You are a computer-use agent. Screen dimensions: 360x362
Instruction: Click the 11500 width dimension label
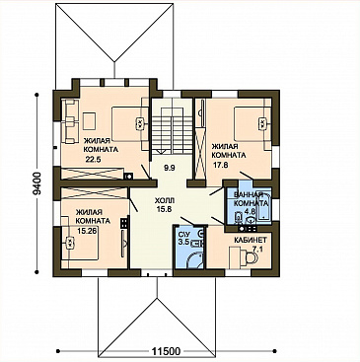click(x=167, y=351)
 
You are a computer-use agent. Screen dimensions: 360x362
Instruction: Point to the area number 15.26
click(x=87, y=231)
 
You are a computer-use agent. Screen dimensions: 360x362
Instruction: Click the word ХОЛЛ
click(x=164, y=200)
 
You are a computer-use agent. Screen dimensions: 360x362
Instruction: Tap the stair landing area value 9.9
click(x=170, y=169)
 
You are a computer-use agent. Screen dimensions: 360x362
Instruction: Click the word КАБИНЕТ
click(x=251, y=240)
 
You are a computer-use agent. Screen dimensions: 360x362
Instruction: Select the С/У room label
click(x=182, y=236)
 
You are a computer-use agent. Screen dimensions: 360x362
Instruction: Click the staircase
click(x=171, y=125)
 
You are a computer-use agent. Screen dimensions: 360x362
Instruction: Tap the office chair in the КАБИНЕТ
click(x=252, y=257)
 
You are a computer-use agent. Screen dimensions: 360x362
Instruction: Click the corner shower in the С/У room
click(x=195, y=259)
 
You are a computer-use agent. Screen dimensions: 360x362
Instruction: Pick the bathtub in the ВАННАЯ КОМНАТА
click(x=264, y=207)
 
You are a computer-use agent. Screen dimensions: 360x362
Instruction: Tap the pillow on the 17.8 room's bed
click(x=261, y=123)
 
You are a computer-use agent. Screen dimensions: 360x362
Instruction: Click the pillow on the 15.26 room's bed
click(x=70, y=243)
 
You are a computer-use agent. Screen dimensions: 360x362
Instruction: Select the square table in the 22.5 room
click(x=89, y=121)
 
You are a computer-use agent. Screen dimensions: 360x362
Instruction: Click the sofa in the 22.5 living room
click(x=70, y=121)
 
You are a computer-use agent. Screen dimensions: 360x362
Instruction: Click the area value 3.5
click(x=182, y=243)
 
